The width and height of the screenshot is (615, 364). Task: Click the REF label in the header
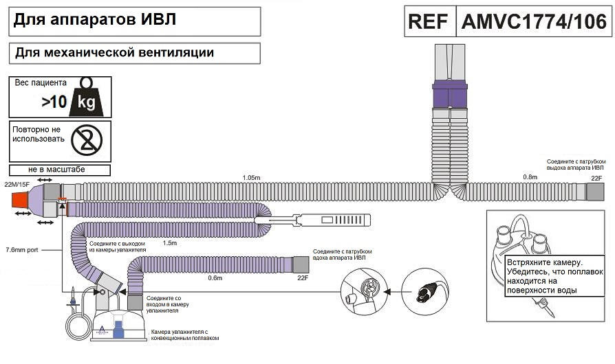pos(429,21)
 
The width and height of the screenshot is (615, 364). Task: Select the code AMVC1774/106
pos(534,21)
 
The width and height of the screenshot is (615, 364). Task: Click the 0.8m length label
pos(530,177)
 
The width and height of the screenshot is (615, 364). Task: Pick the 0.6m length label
pos(215,277)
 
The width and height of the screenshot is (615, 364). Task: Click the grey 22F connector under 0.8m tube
pos(596,192)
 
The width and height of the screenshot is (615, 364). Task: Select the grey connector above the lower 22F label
pos(301,264)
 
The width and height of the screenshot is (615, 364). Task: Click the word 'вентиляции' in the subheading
pos(176,52)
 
